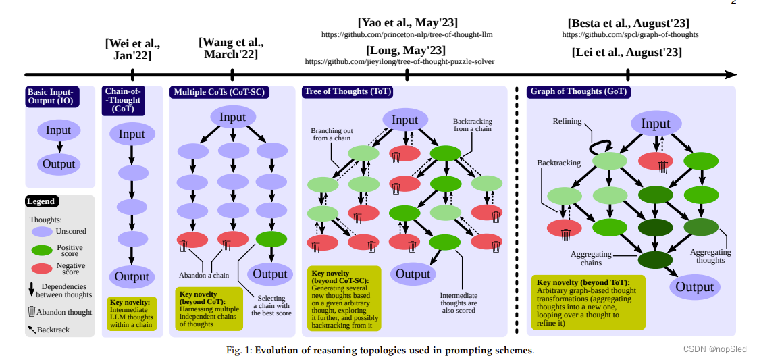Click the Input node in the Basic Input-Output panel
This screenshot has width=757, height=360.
point(59,131)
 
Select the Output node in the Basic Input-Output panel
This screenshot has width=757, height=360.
point(59,164)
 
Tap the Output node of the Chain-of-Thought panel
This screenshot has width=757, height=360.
point(132,277)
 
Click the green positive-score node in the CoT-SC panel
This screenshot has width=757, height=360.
point(271,238)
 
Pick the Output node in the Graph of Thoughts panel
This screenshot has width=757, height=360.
point(694,287)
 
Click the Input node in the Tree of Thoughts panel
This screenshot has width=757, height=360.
point(405,120)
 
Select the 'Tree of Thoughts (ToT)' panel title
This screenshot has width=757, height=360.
point(347,92)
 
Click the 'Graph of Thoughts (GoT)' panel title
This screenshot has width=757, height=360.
point(579,92)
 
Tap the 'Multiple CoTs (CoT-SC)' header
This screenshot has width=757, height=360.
point(219,92)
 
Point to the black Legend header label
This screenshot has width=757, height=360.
point(42,201)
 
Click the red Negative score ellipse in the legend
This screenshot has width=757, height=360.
point(42,269)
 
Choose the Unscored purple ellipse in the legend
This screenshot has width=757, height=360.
point(42,231)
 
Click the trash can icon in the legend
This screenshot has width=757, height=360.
point(31,311)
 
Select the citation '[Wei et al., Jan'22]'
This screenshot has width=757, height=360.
point(132,49)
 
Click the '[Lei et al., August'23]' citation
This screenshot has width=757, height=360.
point(627,52)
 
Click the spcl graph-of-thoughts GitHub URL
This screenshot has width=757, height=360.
point(630,34)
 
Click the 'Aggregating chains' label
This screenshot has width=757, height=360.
point(592,259)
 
